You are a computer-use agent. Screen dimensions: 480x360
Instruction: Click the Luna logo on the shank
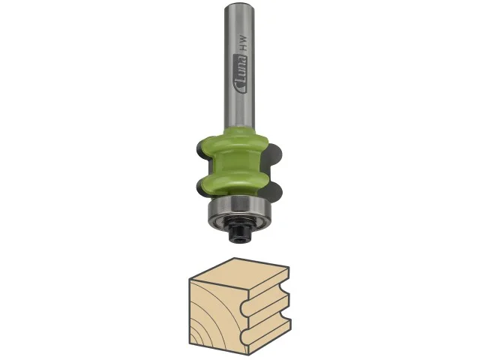tap(241, 73)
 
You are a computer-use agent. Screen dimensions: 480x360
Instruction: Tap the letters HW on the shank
tap(244, 43)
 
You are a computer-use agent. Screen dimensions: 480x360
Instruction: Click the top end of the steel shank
tap(238, 5)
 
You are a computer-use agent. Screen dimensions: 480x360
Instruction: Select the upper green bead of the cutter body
tap(232, 144)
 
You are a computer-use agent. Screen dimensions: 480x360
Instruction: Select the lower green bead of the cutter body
tap(232, 182)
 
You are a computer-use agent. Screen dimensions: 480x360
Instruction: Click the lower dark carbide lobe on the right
tap(273, 192)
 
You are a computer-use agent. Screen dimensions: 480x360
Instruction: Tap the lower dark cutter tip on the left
tap(199, 187)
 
